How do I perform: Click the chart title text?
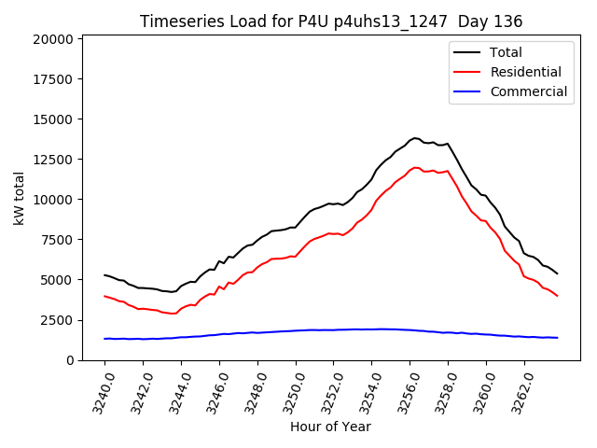coord(331,21)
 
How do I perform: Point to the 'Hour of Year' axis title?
coord(330,427)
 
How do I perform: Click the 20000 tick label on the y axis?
coord(52,39)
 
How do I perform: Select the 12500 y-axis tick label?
coord(52,160)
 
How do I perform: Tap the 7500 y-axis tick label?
coord(56,240)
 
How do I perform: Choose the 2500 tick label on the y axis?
coord(56,320)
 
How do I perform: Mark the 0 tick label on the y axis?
coord(70,360)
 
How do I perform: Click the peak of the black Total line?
coord(415,138)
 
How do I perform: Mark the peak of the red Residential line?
coord(415,168)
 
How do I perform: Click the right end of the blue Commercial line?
coord(557,338)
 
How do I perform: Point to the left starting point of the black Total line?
coord(104,274)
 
